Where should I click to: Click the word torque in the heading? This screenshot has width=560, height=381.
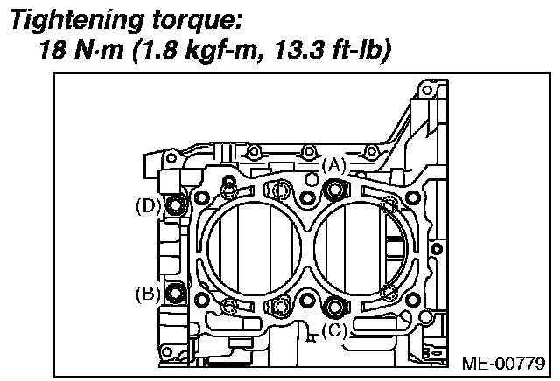pos(198,18)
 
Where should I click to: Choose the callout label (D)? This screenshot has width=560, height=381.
pos(146,207)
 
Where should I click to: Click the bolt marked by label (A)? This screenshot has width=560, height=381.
pos(333,188)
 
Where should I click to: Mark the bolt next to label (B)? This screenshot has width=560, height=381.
pos(176,293)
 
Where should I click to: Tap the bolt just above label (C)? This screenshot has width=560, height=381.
pos(333,307)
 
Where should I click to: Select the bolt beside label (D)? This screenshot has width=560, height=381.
pos(176,207)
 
